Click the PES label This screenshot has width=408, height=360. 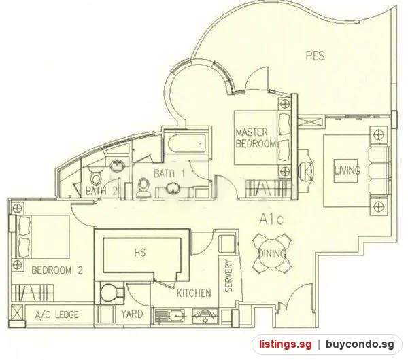point(316,56)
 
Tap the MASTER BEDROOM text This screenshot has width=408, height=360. point(256,138)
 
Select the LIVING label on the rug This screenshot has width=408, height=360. point(347,170)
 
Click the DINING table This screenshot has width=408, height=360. point(272,253)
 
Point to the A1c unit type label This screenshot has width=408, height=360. point(271,220)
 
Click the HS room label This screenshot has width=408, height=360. point(140,253)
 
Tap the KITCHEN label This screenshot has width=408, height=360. point(194,293)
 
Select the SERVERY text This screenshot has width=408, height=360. point(228,276)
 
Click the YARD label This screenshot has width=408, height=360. point(132,314)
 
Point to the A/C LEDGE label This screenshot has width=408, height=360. point(56,314)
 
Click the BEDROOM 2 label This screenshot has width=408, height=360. point(57,270)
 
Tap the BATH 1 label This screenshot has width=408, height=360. point(169,173)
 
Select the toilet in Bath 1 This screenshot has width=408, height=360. point(143,186)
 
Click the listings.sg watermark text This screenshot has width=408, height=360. point(285,344)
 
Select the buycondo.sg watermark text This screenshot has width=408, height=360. point(360,344)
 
